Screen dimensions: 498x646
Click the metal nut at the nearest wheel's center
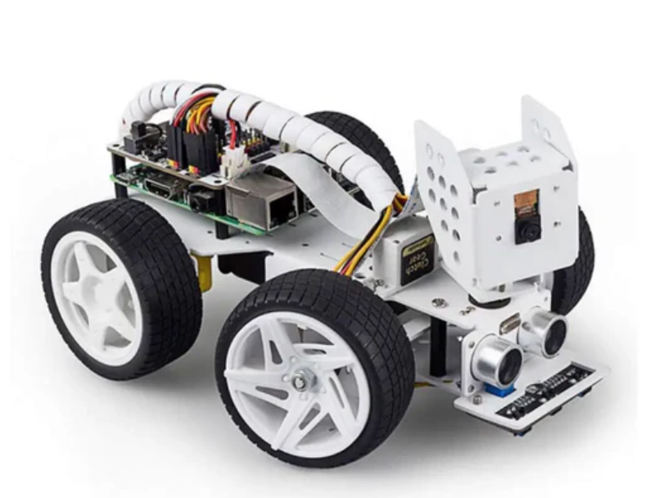tap(303, 380)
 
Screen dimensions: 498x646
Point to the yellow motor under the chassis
tap(204, 271)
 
